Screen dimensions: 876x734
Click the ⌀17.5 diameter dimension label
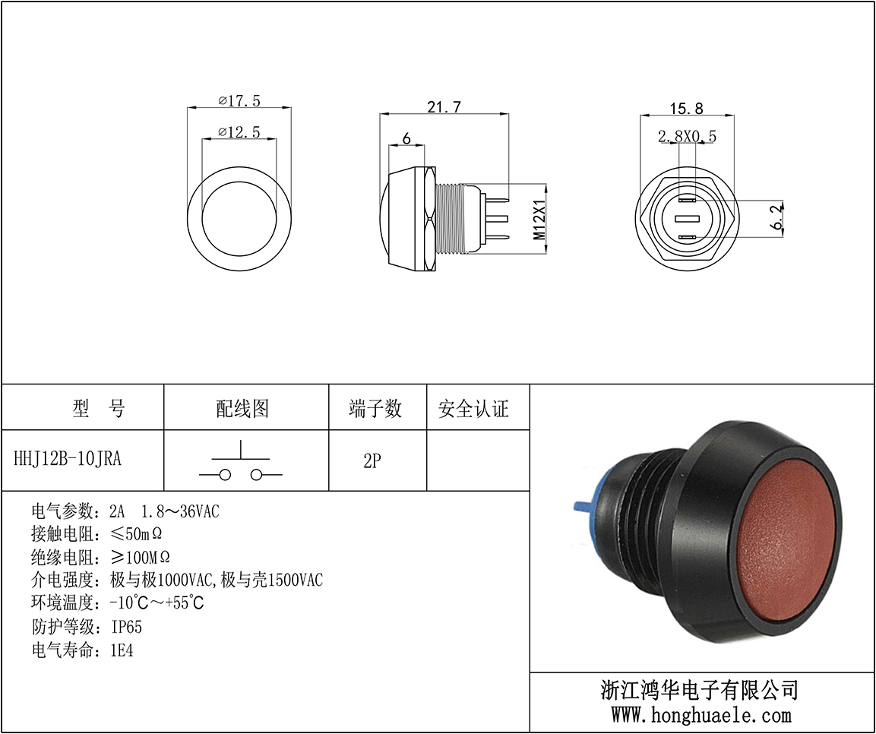[x=239, y=100]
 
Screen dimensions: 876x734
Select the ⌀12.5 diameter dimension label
[x=239, y=131]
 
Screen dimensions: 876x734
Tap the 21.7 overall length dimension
[x=444, y=106]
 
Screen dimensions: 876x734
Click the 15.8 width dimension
[x=686, y=109]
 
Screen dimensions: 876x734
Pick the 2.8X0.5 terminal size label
[x=687, y=136]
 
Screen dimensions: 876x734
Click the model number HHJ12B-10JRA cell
[x=67, y=459]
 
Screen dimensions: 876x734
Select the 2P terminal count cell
[x=372, y=461]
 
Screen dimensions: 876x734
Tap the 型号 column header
[x=99, y=409]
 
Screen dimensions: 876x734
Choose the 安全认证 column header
[x=473, y=409]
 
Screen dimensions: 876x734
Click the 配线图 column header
[x=242, y=409]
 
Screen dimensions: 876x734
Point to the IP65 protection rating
[x=127, y=628]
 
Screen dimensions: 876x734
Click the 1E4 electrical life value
[x=122, y=650]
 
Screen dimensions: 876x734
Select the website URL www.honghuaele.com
[x=701, y=714]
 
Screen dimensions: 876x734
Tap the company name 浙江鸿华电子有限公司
[x=700, y=691]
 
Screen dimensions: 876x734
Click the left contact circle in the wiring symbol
[x=225, y=475]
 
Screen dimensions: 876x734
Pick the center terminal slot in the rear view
[x=687, y=218]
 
